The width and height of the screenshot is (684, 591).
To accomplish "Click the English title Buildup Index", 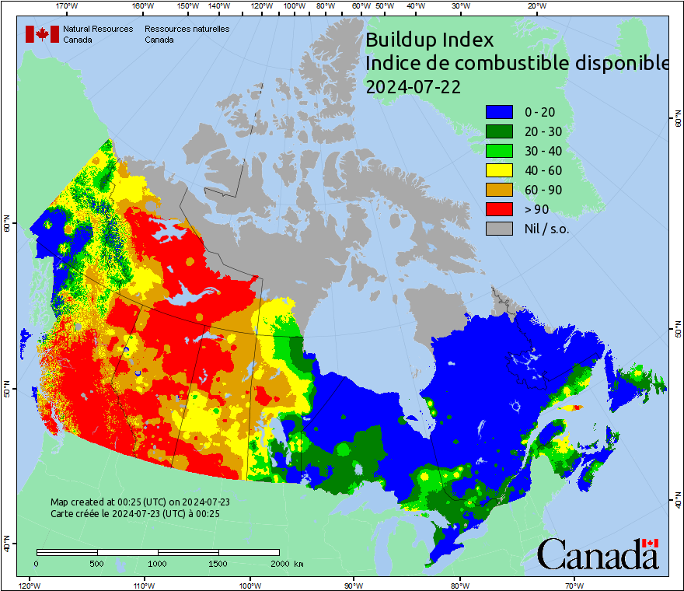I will (x=429, y=39).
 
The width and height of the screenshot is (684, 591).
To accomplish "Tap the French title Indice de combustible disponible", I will (x=517, y=63).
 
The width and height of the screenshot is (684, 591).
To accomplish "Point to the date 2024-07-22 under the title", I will (x=412, y=87).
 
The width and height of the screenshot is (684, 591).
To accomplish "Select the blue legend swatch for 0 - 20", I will (x=499, y=112).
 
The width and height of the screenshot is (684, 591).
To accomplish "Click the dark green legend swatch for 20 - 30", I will (x=499, y=131).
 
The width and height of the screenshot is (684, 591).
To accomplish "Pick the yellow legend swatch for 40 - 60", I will (x=499, y=170).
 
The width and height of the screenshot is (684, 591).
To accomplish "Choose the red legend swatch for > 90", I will (x=499, y=209).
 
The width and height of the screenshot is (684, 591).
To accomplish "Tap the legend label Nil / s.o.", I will (x=547, y=229).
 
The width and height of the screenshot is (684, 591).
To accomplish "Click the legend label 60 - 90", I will (x=543, y=190).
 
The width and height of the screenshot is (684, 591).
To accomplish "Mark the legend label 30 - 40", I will (x=543, y=151).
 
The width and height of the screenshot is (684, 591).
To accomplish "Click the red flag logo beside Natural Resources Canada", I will (x=42, y=34).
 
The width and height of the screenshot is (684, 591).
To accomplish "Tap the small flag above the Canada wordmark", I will (x=650, y=543).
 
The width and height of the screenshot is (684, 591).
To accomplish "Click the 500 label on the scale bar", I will (x=97, y=563).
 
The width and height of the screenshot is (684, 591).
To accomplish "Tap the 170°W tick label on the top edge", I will (x=68, y=5).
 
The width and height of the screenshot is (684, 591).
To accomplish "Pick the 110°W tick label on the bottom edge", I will (x=143, y=585).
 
